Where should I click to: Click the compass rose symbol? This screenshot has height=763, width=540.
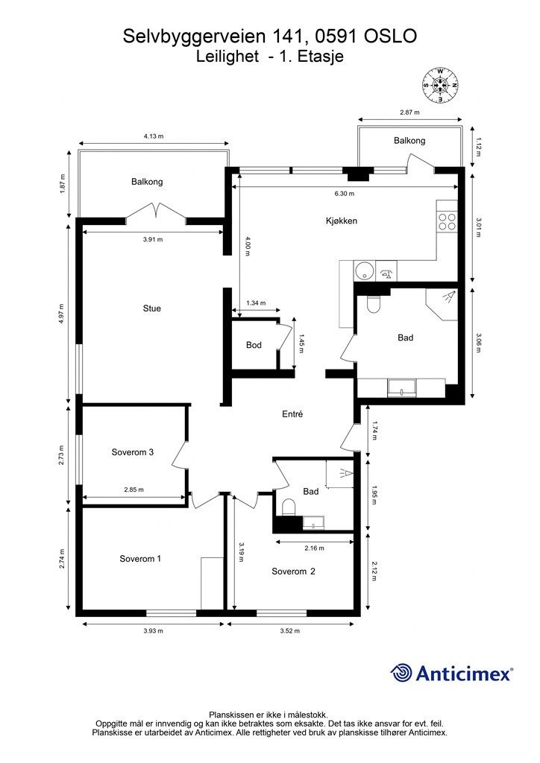440,85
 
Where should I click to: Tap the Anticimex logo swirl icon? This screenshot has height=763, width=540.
401,673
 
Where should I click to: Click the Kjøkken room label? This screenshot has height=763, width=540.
342,221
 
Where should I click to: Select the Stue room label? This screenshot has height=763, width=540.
152,308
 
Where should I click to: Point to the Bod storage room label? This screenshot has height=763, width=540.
254,345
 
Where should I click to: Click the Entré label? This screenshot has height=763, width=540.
292,414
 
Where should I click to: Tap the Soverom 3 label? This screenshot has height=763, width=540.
133,452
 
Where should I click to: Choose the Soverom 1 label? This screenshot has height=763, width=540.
140,559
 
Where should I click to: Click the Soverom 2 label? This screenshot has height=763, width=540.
293,572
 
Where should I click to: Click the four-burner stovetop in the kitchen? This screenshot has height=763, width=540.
447,222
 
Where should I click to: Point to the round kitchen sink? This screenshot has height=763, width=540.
363,271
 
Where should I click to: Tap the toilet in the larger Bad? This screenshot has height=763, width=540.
374,304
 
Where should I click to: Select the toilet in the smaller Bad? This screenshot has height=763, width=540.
289,507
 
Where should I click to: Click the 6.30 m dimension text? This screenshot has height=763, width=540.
345,193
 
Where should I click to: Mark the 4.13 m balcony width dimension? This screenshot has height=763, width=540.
154,136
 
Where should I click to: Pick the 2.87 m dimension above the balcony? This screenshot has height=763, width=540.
409,112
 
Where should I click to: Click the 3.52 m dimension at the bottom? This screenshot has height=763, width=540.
289,630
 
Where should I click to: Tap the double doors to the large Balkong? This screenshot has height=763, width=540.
156,212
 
